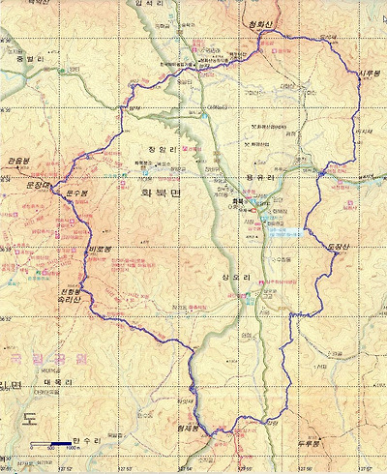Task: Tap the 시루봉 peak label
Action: point(369,74)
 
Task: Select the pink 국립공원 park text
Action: point(34,357)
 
